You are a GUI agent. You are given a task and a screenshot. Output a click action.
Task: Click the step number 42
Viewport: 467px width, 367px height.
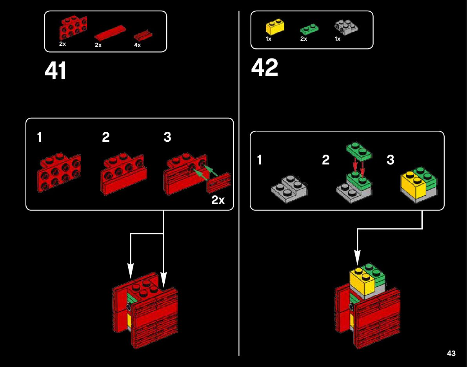[264, 68]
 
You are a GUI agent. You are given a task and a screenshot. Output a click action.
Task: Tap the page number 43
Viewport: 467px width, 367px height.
[451, 353]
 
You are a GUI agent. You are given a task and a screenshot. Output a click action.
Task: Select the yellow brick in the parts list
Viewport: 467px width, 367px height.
[275, 27]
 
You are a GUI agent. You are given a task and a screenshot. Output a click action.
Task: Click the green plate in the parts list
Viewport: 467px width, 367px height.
[309, 29]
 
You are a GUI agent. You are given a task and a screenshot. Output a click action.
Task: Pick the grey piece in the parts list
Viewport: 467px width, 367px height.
[347, 27]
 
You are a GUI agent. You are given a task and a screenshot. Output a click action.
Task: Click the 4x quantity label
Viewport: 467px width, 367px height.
[137, 46]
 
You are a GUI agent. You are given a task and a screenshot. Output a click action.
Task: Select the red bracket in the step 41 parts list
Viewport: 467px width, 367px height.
[73, 27]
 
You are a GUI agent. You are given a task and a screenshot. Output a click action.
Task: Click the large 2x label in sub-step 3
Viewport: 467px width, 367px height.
[218, 201]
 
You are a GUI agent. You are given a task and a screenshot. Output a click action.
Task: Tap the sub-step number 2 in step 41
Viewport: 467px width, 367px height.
[106, 137]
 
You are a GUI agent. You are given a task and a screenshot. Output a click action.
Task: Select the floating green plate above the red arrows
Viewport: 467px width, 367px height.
[358, 151]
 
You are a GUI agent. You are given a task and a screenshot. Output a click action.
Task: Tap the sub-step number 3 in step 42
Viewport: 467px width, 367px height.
[391, 160]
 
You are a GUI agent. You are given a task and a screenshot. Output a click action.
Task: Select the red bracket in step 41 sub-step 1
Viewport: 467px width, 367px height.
[60, 172]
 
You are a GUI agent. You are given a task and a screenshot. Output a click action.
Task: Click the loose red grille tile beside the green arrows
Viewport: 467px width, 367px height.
[219, 183]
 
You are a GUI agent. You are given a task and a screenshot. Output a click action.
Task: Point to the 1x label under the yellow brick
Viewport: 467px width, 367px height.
[269, 39]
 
